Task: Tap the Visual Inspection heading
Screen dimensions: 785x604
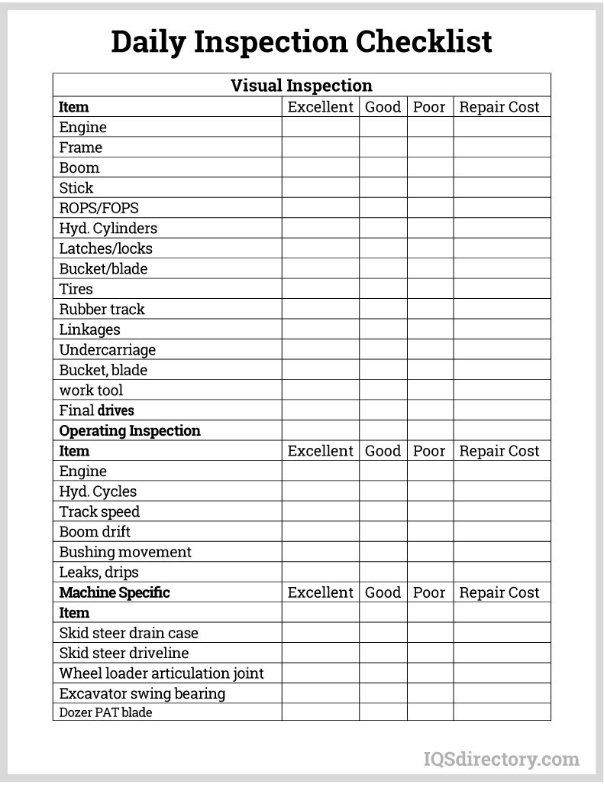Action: [x=302, y=86]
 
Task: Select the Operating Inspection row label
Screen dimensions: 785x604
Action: [x=130, y=430]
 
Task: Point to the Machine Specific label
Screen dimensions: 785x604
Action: [x=115, y=592]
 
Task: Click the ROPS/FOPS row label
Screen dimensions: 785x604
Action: [x=99, y=208]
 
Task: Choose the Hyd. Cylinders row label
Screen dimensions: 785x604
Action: [x=108, y=228]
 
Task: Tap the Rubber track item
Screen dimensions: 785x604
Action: [x=102, y=309]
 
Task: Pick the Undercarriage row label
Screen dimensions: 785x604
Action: [x=108, y=349]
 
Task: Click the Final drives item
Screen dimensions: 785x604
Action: [x=97, y=410]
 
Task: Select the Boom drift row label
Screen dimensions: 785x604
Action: [x=95, y=531]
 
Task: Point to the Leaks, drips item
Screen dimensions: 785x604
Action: [x=99, y=572]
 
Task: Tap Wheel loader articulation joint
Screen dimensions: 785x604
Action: [x=162, y=673]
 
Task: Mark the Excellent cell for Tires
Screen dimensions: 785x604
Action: [x=321, y=289]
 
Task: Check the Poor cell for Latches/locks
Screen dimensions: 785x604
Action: [x=430, y=248]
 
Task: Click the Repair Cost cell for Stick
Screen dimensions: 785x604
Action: [x=502, y=187]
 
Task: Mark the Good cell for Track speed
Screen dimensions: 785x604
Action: [x=383, y=511]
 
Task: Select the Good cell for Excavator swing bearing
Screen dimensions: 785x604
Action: [x=383, y=693]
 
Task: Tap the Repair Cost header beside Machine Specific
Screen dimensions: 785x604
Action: [x=499, y=592]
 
